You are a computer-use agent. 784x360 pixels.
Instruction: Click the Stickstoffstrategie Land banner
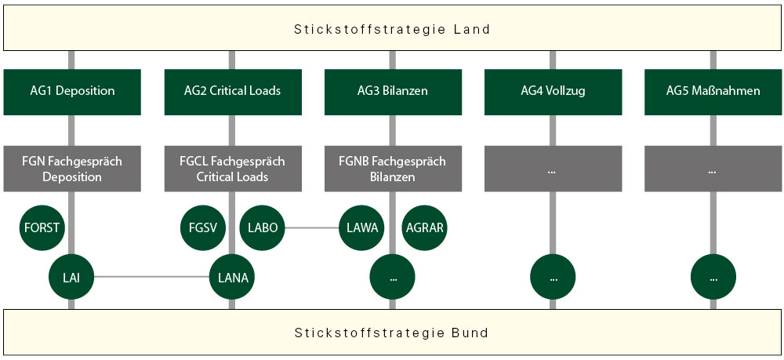pyautogui.click(x=392, y=30)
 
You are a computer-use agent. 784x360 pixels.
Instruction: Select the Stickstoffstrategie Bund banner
pyautogui.click(x=392, y=333)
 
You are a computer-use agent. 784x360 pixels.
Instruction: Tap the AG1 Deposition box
pyautogui.click(x=72, y=91)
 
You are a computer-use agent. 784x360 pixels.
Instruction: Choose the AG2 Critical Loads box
pyautogui.click(x=233, y=91)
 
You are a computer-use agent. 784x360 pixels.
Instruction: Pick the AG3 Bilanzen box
pyautogui.click(x=393, y=91)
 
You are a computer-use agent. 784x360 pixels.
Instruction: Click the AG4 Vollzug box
pyautogui.click(x=553, y=91)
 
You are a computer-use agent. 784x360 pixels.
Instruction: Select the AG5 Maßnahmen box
pyautogui.click(x=713, y=91)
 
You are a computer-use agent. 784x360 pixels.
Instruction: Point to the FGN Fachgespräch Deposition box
pyautogui.click(x=72, y=169)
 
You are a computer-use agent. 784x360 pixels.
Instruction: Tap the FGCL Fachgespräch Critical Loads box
pyautogui.click(x=233, y=169)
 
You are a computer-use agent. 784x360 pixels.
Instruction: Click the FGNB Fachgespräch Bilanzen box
pyautogui.click(x=393, y=169)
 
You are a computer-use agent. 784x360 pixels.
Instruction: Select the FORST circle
pyautogui.click(x=42, y=228)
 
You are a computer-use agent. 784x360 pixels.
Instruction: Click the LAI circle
pyautogui.click(x=71, y=276)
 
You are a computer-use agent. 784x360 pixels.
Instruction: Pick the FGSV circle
pyautogui.click(x=202, y=228)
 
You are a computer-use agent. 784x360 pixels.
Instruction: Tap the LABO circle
pyautogui.click(x=262, y=228)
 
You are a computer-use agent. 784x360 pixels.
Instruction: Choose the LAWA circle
pyautogui.click(x=362, y=228)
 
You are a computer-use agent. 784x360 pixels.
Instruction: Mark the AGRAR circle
pyautogui.click(x=425, y=228)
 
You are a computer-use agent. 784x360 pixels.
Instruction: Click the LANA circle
pyautogui.click(x=232, y=276)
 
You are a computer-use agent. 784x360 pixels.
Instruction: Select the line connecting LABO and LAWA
pyautogui.click(x=312, y=228)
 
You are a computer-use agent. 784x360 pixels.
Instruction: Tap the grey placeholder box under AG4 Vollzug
pyautogui.click(x=553, y=169)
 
